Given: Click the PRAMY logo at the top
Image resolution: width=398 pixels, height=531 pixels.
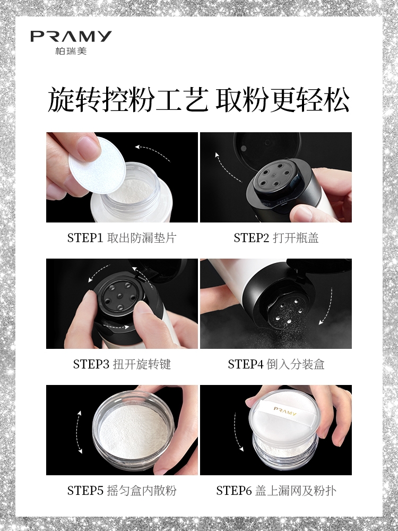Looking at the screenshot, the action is coord(71,36).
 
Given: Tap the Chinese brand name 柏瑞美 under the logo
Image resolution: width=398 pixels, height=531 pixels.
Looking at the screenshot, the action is coord(71,51).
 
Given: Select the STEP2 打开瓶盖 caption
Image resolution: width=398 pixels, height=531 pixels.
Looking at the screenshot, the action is coord(276,238).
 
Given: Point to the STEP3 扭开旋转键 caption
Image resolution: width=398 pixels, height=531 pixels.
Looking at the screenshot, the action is coord(122,364).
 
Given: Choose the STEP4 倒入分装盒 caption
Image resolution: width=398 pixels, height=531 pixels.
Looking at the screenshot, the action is coord(276,364).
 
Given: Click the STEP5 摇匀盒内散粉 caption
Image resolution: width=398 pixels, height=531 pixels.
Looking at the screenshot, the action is coord(122,490).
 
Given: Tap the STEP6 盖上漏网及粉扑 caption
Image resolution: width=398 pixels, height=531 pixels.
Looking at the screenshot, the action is coord(276,490).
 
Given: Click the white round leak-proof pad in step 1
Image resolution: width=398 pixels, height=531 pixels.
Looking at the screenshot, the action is coord(97,165).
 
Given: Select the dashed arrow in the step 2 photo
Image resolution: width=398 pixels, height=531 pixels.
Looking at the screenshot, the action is coord(225,170).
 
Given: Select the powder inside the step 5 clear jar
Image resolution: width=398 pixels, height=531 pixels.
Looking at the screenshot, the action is coord(133,431).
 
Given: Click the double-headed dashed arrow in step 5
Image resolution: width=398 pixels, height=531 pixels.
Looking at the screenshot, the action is coord(79,432).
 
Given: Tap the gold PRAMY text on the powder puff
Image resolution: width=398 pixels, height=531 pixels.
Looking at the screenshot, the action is coord(285,411).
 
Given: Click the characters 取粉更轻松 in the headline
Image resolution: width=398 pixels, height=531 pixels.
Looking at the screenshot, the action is coord(283,100).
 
